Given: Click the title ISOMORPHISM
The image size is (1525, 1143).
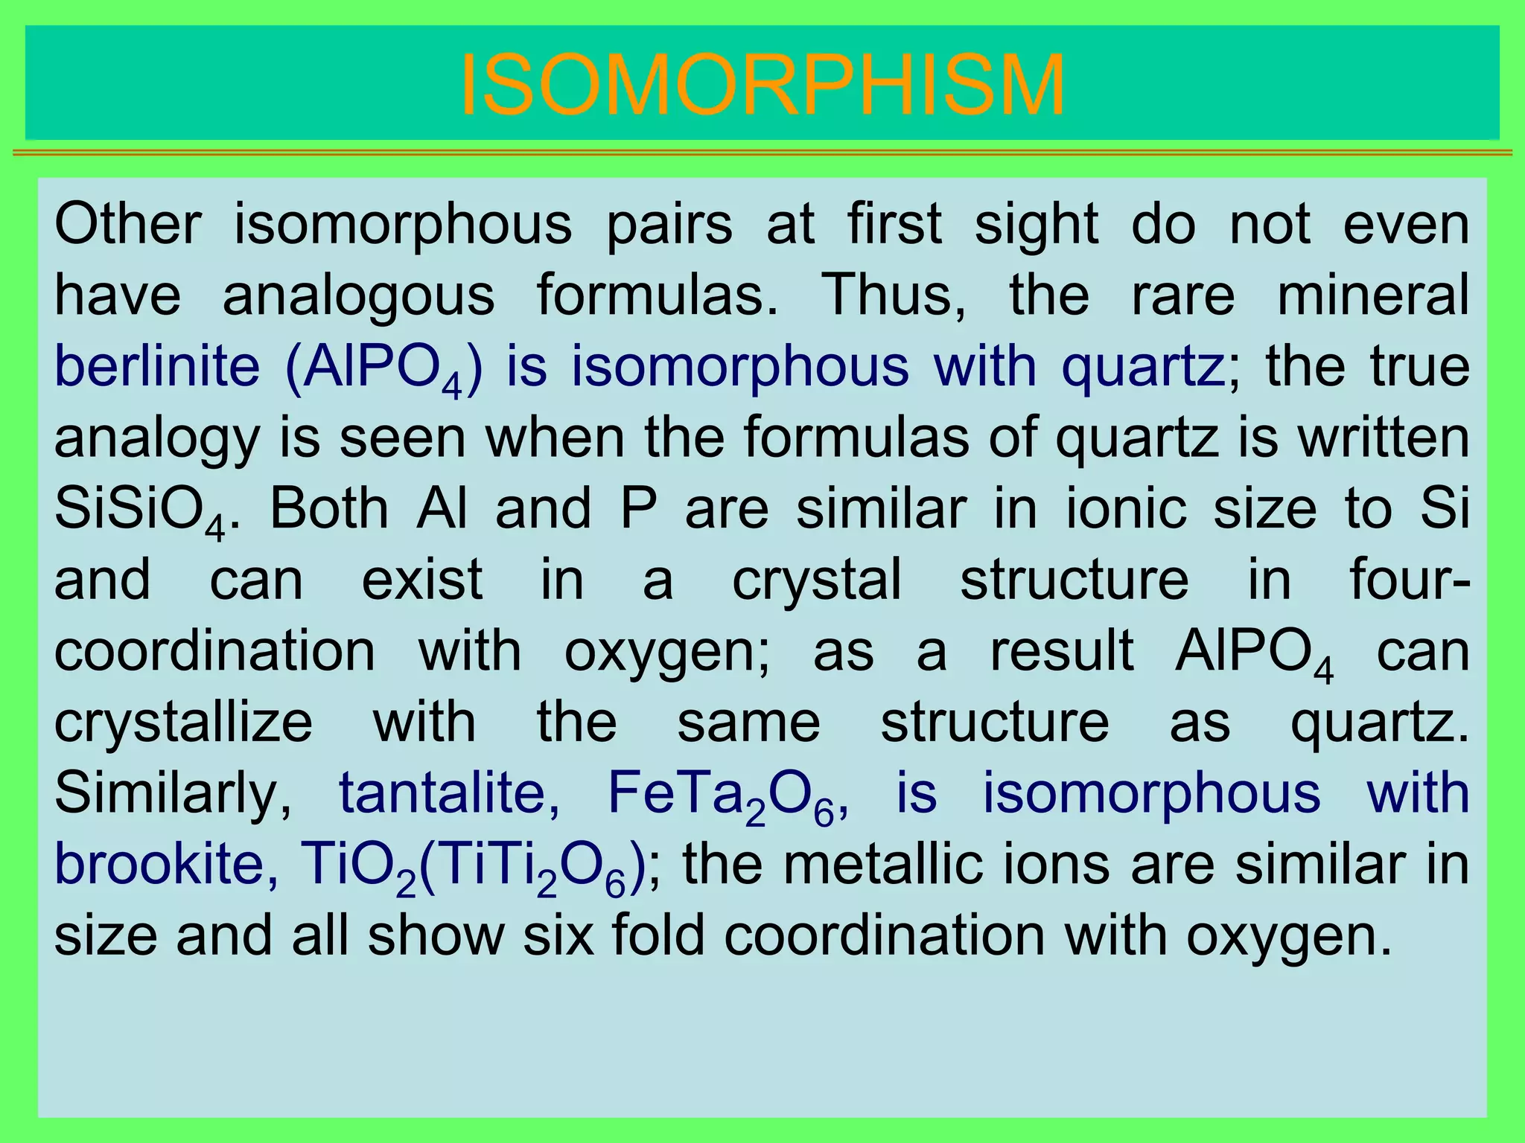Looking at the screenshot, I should point(762,86).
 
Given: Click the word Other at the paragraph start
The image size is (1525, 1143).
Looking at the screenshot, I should point(127,224).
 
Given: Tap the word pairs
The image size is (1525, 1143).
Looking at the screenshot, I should point(669,224).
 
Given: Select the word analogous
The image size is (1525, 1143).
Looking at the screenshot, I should point(358,295).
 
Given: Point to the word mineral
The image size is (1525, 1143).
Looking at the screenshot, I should point(1373,295).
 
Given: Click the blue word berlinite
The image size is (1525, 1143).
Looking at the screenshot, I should point(157,366).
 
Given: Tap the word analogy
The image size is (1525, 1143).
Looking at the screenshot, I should point(157,439).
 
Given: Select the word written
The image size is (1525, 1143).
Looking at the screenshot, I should point(1384,438).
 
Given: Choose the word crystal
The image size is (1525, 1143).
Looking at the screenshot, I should point(817,580).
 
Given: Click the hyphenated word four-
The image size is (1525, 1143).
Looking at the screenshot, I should point(1410,580).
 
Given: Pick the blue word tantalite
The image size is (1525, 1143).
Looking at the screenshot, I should point(450,793).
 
